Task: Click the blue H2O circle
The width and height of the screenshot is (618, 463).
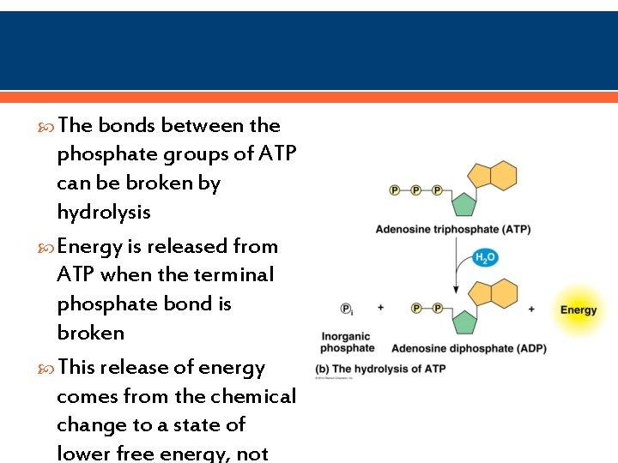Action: point(486,257)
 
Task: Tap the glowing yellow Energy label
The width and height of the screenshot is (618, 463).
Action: point(578,310)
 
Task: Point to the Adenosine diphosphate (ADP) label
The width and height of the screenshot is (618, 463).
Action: point(469,348)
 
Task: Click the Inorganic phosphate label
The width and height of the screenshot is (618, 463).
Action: point(348,342)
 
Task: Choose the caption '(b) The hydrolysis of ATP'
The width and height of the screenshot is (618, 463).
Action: point(380,368)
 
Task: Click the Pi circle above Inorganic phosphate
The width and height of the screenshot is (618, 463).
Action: point(347,309)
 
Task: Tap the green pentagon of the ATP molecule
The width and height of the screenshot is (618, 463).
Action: point(464,204)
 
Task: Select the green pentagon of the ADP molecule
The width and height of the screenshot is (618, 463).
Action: point(464,322)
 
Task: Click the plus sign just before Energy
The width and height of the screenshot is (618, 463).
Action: point(532,309)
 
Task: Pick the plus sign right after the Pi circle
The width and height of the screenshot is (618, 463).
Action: point(380,308)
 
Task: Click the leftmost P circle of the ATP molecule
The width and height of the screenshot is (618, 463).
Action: point(395,190)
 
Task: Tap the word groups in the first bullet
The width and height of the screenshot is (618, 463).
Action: point(178,154)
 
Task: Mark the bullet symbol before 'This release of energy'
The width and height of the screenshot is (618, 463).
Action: point(49,368)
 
